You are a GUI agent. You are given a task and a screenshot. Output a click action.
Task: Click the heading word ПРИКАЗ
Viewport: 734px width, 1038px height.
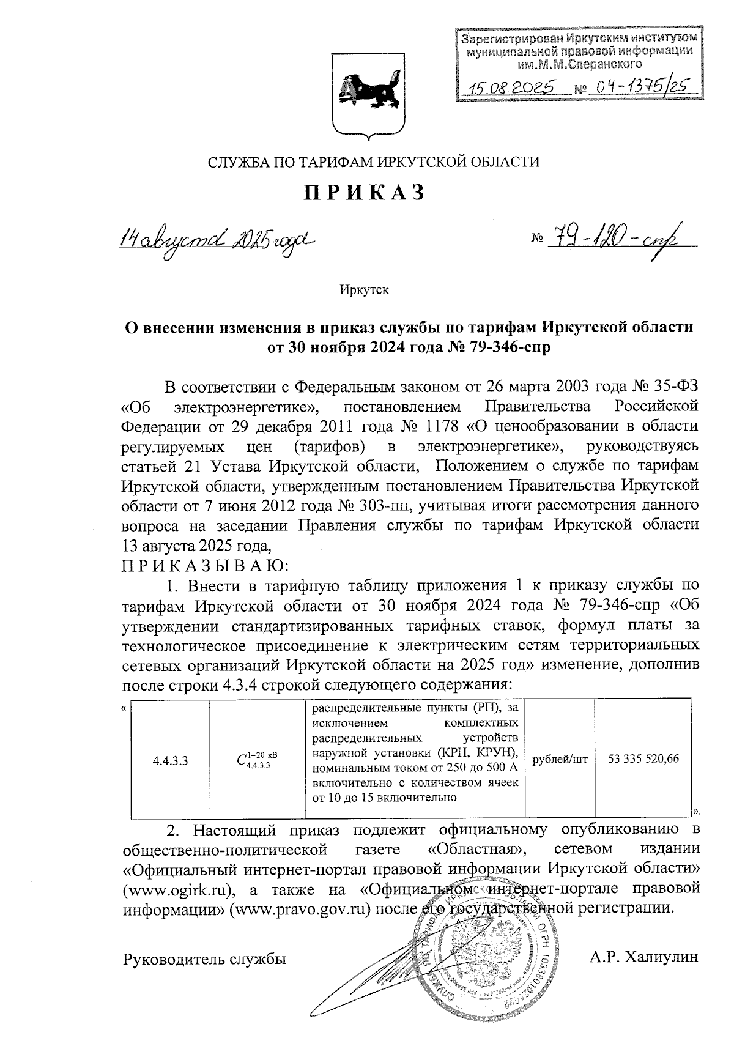pos(365,192)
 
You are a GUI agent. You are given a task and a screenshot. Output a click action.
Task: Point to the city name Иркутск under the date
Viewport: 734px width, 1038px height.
pos(365,290)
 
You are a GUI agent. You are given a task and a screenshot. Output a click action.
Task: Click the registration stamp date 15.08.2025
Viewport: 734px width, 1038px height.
pos(510,88)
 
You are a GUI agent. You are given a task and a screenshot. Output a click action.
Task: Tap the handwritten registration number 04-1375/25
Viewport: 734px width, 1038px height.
pos(639,87)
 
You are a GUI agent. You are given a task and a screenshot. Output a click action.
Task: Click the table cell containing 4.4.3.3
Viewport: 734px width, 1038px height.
pos(170,760)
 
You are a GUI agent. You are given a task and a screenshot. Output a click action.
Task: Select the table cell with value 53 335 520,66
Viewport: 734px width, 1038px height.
pos(643,759)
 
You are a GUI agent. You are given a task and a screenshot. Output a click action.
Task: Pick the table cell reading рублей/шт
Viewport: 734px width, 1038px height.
pos(560,759)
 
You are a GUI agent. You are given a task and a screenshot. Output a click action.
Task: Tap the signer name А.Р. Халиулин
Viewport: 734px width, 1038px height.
pos(643,957)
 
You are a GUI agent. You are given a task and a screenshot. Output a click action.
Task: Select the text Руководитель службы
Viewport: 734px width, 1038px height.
pos(205,959)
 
